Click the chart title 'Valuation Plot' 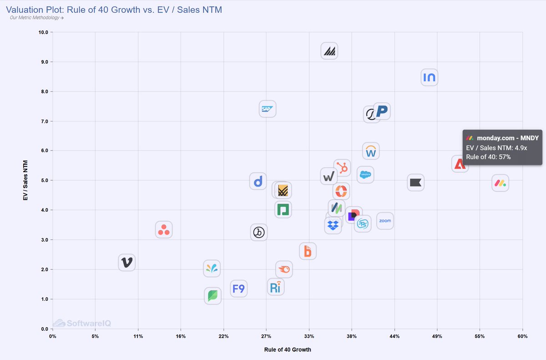[114, 9]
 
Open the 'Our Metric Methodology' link [37, 18]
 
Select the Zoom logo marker [385, 221]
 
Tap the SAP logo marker [267, 109]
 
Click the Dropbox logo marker [333, 225]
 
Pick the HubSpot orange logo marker [342, 168]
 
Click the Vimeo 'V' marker [127, 262]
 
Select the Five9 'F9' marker [238, 288]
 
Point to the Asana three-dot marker [163, 230]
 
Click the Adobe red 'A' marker [460, 164]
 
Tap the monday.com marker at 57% [500, 183]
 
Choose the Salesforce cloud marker [365, 174]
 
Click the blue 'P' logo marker [382, 111]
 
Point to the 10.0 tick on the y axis [45, 32]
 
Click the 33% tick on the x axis [309, 336]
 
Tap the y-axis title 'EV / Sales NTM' [25, 180]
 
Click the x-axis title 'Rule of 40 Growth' [288, 350]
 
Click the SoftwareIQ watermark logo [82, 323]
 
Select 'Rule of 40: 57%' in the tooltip [488, 157]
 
